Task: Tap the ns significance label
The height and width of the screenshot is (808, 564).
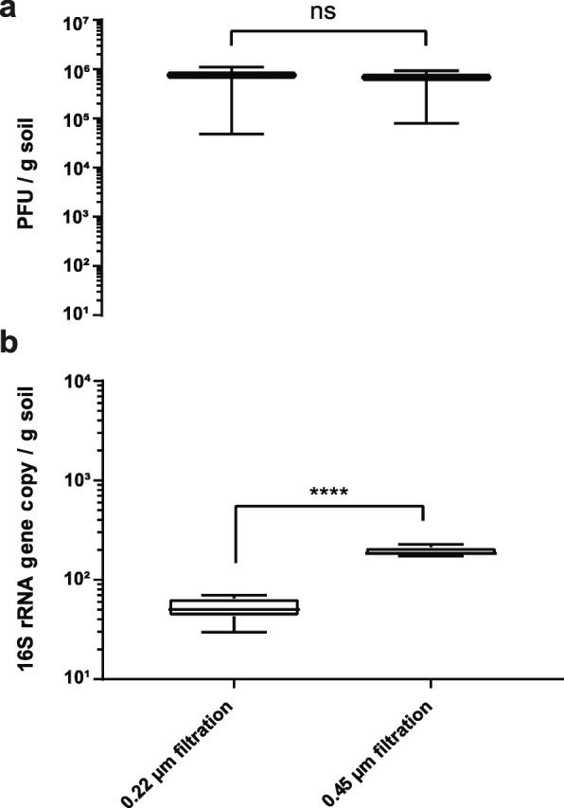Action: tap(327, 13)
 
